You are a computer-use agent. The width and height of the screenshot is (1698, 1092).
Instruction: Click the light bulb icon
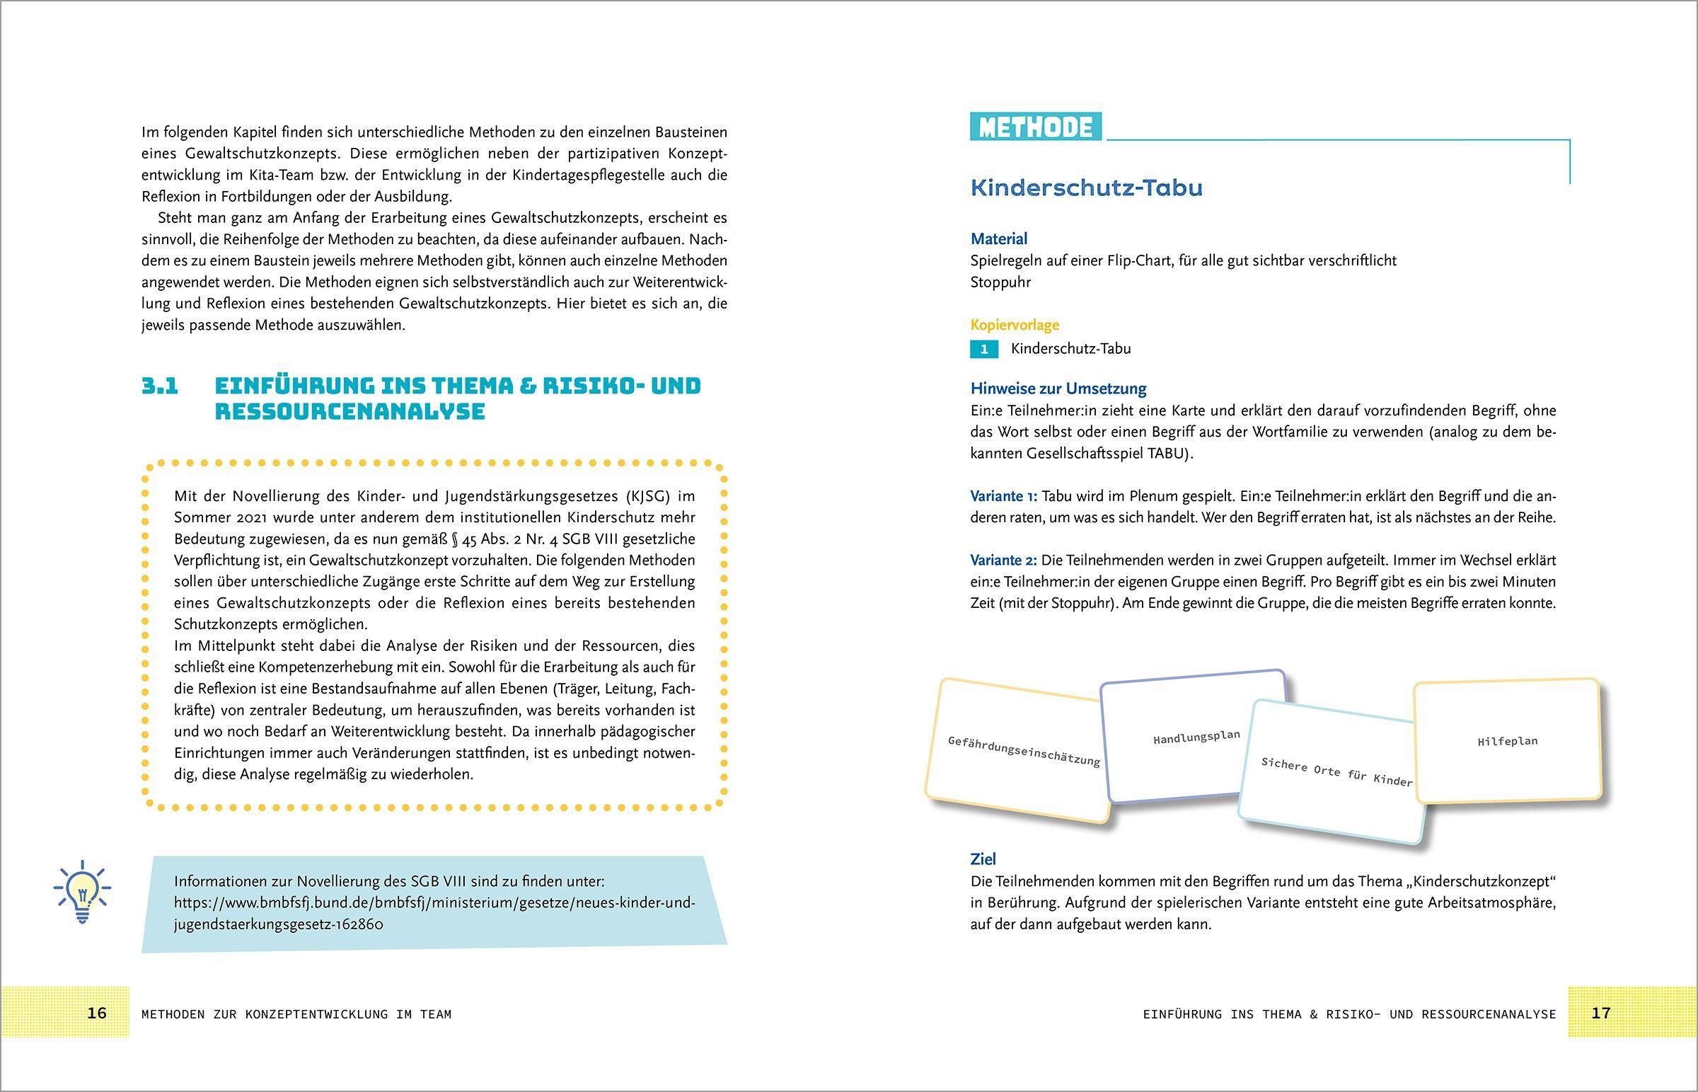[x=82, y=891]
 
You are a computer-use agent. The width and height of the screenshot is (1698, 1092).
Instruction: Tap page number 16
[x=96, y=1013]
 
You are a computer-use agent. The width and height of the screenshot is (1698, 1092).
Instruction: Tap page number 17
[x=1601, y=1013]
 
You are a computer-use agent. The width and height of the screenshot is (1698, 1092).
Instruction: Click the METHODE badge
[x=1035, y=127]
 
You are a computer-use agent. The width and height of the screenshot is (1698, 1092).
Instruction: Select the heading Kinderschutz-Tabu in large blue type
[x=1087, y=189]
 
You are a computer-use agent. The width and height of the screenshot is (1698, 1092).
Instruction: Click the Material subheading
[x=998, y=239]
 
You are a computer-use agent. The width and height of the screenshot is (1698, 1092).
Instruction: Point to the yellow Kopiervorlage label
[x=1014, y=325]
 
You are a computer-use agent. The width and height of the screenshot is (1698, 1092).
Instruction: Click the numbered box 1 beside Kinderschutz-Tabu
[x=983, y=349]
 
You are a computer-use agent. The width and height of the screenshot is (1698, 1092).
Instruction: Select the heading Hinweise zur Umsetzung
[x=1058, y=389]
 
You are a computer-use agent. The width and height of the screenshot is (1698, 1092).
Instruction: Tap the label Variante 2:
[x=1003, y=561]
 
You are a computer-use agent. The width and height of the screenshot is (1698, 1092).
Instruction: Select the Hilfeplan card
[x=1508, y=742]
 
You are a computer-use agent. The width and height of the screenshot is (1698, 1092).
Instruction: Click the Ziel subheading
[x=983, y=859]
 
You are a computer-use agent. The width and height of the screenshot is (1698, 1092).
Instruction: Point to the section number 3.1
[x=159, y=386]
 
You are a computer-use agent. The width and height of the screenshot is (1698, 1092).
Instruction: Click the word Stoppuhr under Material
[x=1000, y=282]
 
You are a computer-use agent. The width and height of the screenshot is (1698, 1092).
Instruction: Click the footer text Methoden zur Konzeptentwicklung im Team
[x=296, y=1014]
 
